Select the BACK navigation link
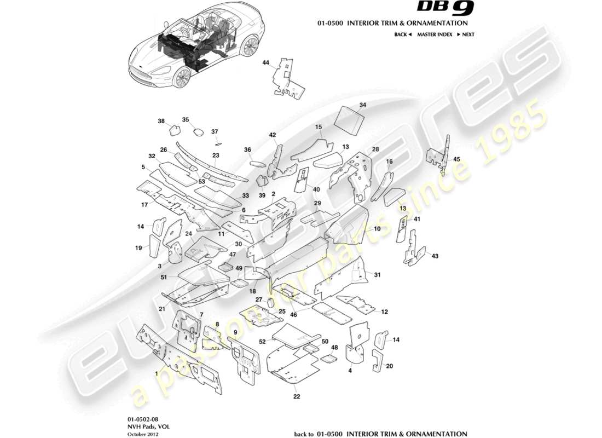click(x=402, y=34)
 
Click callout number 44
click(x=266, y=64)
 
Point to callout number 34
click(x=362, y=105)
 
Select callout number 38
click(x=161, y=121)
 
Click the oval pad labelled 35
click(x=197, y=131)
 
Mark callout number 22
click(x=296, y=396)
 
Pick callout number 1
click(x=157, y=373)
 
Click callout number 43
click(x=435, y=256)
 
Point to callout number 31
click(x=377, y=274)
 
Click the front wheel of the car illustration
click(x=181, y=77)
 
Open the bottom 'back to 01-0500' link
click(x=380, y=434)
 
